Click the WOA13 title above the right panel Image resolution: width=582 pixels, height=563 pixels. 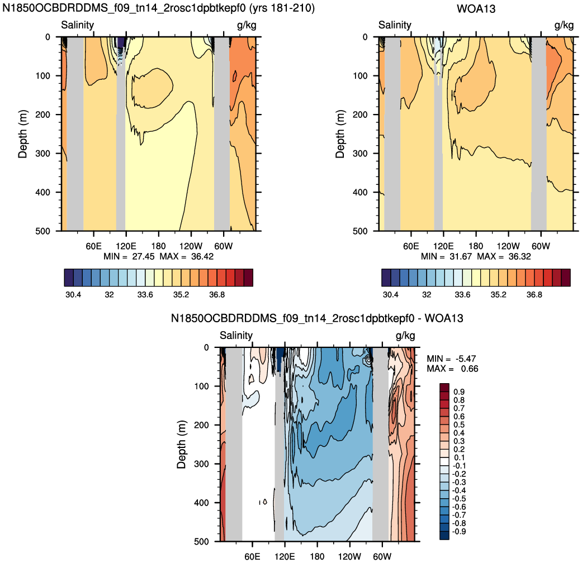coord(476,8)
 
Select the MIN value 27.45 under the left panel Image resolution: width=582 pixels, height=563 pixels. coord(143,257)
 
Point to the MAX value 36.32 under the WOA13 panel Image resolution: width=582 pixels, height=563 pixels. coord(519,257)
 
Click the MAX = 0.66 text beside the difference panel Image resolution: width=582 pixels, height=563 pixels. coord(452,369)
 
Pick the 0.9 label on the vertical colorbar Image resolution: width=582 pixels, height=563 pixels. coord(459,392)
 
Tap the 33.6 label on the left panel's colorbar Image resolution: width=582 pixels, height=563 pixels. coord(145,295)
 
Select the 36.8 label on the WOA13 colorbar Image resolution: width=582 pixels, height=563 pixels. coord(534,295)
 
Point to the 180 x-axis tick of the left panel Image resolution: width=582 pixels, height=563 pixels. coord(158,246)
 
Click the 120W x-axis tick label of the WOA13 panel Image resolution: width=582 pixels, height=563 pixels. coord(508,246)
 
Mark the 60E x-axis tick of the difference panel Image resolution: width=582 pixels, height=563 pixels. coord(252,556)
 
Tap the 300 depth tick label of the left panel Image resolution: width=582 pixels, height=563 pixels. coord(42,154)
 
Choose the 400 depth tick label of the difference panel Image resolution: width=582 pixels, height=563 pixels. coord(201,503)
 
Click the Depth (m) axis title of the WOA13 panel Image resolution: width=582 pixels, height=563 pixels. coord(340,134)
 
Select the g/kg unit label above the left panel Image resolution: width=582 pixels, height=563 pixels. coord(247,25)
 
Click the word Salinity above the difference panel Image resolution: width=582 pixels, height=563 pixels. coord(236,335)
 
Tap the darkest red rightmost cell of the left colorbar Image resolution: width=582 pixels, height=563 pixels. coord(248,278)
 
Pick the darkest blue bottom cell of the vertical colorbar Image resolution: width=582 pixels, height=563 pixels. coord(444,535)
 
